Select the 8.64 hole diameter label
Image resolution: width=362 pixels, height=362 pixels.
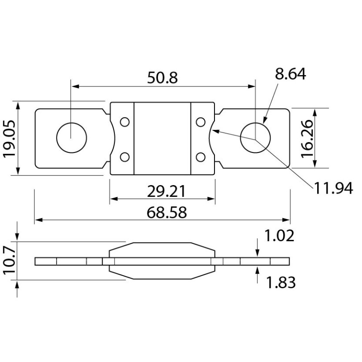tap(291, 74)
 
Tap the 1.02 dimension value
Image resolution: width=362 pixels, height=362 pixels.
tap(279, 235)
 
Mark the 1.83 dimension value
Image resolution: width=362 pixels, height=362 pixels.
tap(281, 283)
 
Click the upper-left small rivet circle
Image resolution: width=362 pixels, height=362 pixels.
tap(124, 121)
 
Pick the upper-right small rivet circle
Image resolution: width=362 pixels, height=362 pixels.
tap(201, 121)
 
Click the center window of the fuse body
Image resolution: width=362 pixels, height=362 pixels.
tap(162, 138)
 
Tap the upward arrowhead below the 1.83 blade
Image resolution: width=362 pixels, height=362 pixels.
tap(257, 270)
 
